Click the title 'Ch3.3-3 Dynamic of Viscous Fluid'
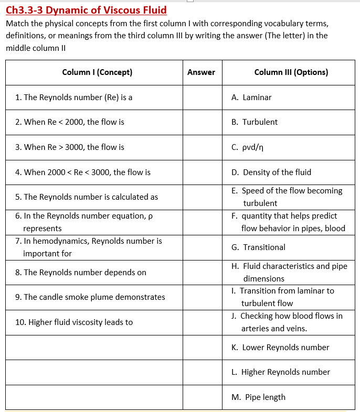(86, 10)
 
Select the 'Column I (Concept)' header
(97, 72)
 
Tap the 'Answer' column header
(201, 72)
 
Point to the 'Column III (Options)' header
(291, 72)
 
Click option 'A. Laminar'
(251, 97)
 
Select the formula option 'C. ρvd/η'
(247, 147)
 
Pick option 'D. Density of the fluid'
(271, 172)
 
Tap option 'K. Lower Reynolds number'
(280, 347)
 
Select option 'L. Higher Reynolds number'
(280, 372)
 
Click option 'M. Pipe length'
(258, 397)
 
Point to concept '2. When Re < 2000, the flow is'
(70, 122)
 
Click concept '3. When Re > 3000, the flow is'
(70, 147)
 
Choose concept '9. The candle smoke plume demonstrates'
(90, 297)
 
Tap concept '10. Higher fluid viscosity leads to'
(74, 322)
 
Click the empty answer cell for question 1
(202, 97)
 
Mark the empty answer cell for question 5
(202, 197)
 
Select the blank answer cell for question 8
(202, 273)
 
